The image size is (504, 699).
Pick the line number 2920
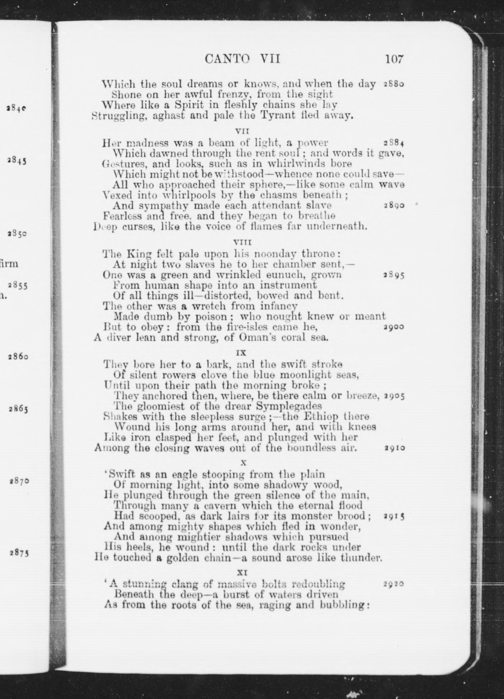pos(394,584)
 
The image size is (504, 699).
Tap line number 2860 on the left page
pos(18,357)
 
